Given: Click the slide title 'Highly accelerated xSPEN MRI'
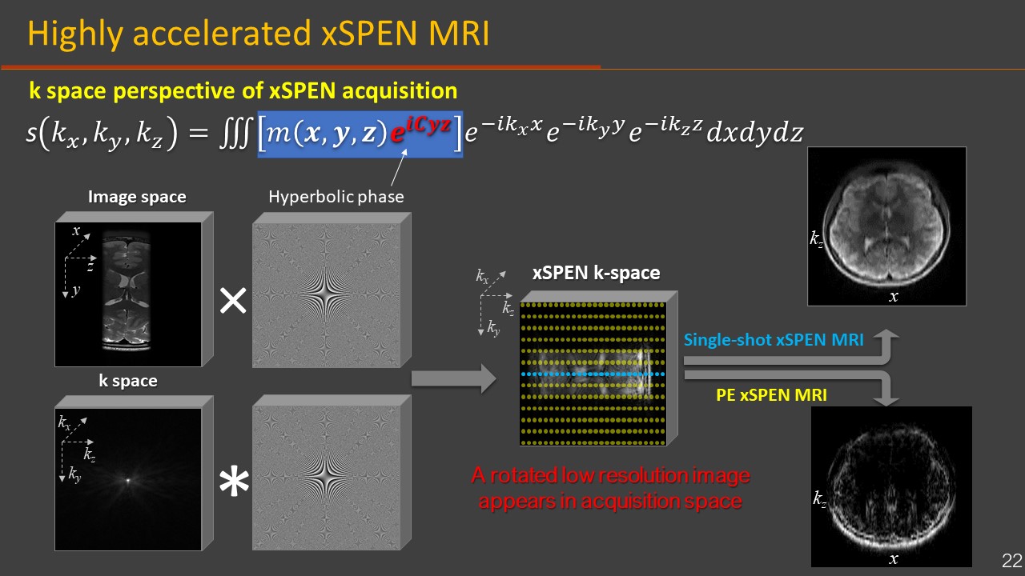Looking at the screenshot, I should click(258, 34).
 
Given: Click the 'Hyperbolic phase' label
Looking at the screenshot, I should click(336, 197).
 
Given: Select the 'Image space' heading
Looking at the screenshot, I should click(137, 197).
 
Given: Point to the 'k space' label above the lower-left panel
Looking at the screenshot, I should click(128, 381).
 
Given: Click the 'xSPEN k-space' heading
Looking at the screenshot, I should click(597, 273).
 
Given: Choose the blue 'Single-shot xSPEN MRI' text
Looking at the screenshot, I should click(774, 340).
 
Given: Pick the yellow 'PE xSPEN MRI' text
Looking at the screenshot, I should click(770, 394).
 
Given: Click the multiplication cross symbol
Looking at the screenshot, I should click(233, 301).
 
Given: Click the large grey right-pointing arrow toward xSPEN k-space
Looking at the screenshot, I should click(452, 378).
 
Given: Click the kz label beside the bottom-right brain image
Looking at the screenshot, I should click(819, 499).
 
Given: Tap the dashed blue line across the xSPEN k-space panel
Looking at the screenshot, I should click(593, 374).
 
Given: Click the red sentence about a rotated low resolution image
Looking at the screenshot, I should click(610, 488).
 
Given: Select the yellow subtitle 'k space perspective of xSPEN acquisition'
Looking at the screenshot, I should click(243, 90).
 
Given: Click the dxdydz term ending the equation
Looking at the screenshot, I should click(754, 134).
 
